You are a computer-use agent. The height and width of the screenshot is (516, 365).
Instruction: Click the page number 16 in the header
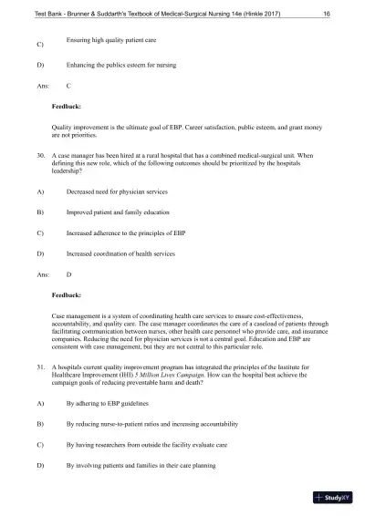click(327, 14)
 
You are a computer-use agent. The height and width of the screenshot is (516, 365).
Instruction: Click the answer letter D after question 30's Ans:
click(69, 273)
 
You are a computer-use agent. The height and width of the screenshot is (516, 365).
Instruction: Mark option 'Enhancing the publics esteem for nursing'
click(121, 66)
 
